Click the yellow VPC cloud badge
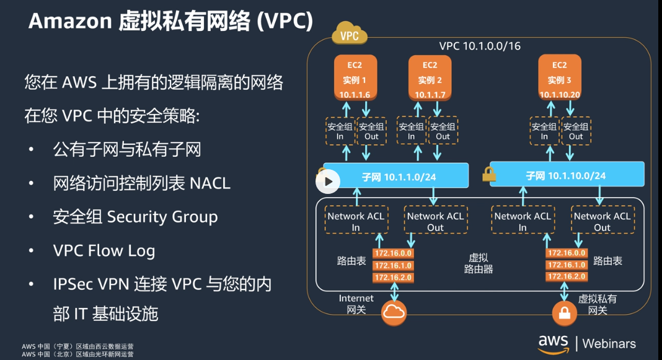tap(349, 35)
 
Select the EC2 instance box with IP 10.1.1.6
tap(355, 78)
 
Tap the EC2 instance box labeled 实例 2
tap(430, 78)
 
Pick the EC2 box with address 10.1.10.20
tap(559, 78)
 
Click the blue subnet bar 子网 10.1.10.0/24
tap(567, 175)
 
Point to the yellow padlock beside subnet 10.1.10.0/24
tap(489, 175)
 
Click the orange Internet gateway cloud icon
tap(394, 312)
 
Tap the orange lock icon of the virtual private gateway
tap(564, 312)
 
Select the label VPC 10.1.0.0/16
tap(479, 46)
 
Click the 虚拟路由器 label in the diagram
tap(479, 263)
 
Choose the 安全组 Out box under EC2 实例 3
tap(576, 131)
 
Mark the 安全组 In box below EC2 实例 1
tap(340, 131)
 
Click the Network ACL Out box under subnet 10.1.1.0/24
tap(435, 221)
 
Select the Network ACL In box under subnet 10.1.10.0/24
tap(522, 221)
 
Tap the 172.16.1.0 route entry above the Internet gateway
tap(393, 265)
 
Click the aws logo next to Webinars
tap(553, 343)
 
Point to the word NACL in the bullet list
tap(210, 183)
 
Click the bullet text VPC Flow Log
tap(104, 250)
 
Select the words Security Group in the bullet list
tap(162, 217)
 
